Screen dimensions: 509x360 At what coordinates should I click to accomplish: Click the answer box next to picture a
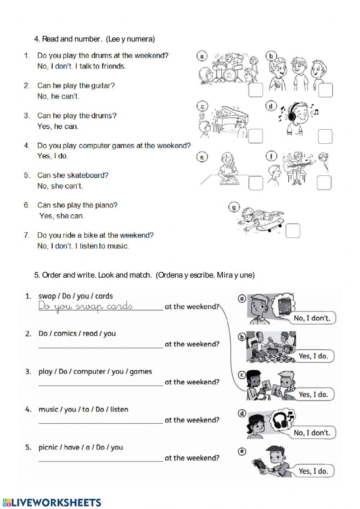(x=256, y=90)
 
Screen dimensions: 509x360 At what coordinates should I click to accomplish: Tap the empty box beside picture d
(x=325, y=136)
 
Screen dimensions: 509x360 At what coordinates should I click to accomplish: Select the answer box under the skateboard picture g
(x=293, y=231)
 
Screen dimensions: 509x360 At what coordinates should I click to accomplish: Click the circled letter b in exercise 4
(x=270, y=56)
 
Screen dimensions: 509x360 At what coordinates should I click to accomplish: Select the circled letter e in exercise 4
(x=202, y=157)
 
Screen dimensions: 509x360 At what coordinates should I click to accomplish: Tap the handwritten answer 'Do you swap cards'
(x=85, y=306)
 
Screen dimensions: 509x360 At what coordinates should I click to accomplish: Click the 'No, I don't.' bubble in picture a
(x=311, y=318)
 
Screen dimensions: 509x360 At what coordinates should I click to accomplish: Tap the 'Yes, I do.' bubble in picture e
(x=313, y=471)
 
